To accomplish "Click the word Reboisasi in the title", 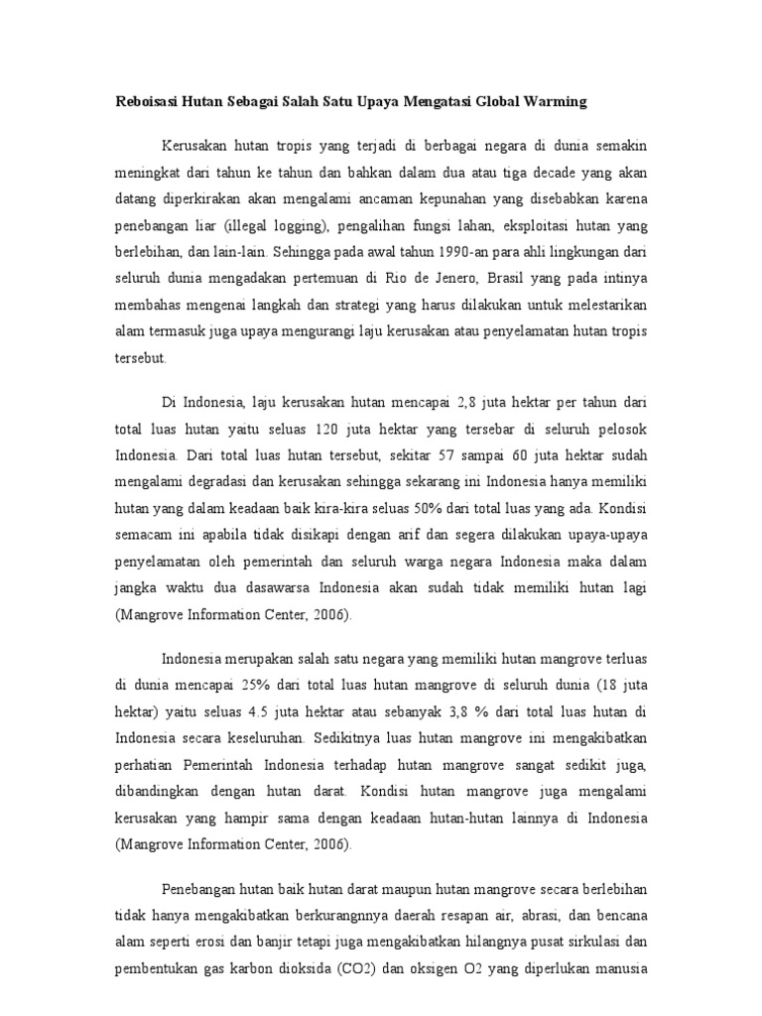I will pos(149,101).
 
